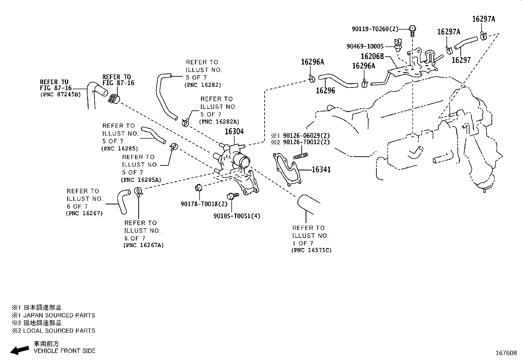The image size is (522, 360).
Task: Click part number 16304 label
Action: click(x=234, y=132)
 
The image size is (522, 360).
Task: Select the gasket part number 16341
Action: click(x=321, y=170)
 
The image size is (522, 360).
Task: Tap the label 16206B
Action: click(x=372, y=57)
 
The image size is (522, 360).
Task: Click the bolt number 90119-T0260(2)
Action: click(x=375, y=29)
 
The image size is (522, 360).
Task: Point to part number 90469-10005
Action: click(x=365, y=47)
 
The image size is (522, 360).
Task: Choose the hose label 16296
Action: click(x=325, y=91)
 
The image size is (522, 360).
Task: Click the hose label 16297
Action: click(x=461, y=60)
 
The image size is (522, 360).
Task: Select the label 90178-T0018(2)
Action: click(x=204, y=204)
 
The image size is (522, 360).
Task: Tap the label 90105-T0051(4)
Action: click(x=236, y=216)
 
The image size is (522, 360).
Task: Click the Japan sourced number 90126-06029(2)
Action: click(x=306, y=135)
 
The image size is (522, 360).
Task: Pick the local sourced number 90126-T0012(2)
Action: click(x=306, y=142)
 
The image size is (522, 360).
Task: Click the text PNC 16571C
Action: click(x=311, y=250)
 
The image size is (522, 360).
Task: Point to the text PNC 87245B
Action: click(x=60, y=95)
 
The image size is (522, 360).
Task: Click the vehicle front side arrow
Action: click(x=19, y=350)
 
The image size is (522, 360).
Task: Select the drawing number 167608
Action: click(x=506, y=353)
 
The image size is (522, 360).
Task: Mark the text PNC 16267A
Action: click(x=144, y=245)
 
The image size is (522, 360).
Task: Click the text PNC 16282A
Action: click(x=219, y=122)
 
